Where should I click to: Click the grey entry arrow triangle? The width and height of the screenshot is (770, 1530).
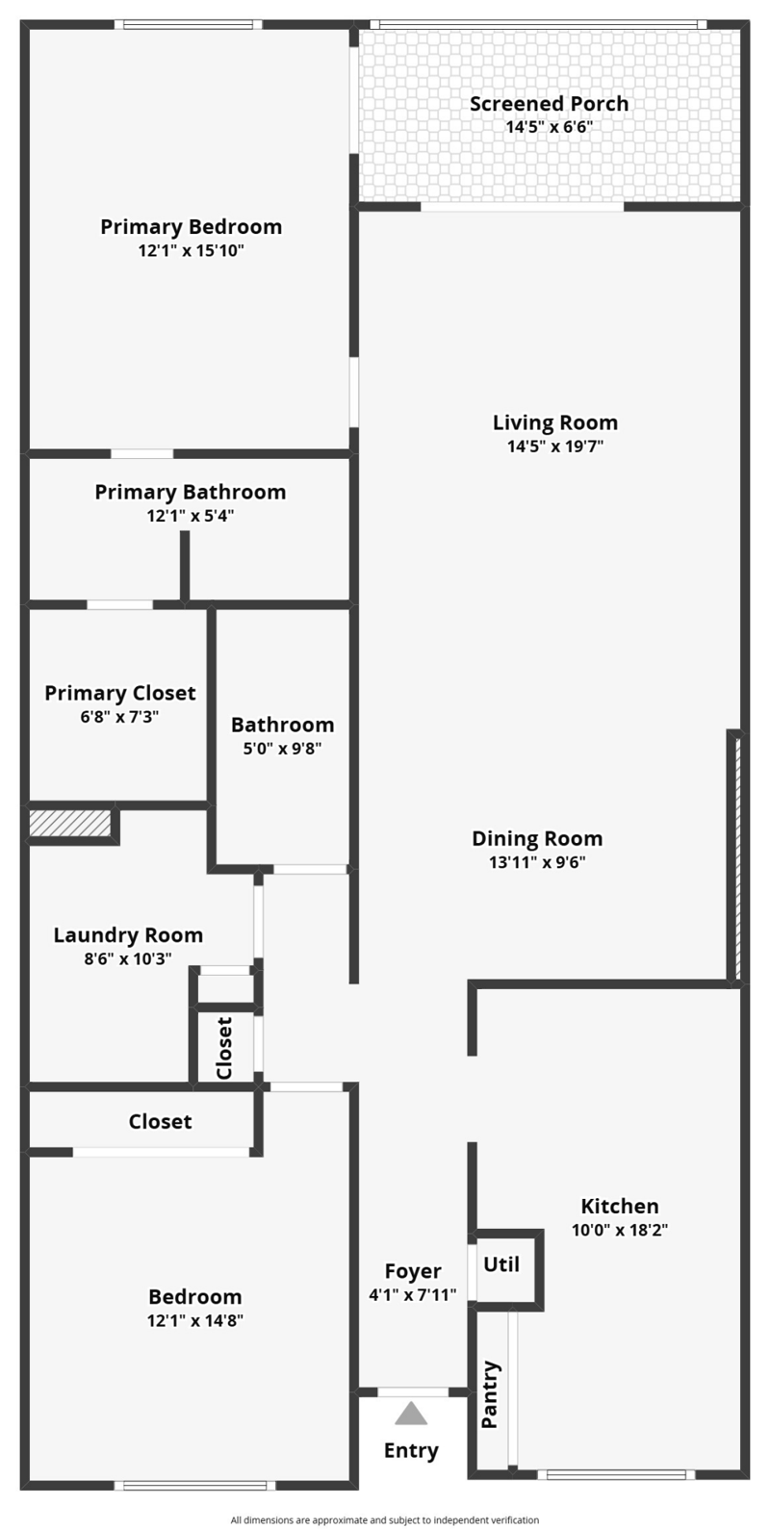411,1414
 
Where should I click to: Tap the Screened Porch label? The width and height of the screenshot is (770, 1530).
549,104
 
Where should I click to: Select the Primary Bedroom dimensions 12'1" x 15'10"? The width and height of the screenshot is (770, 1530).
192,251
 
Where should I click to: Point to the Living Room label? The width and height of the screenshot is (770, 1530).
554,422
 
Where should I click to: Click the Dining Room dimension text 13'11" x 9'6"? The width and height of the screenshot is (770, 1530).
537,862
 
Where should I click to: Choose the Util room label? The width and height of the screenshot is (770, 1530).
501,1264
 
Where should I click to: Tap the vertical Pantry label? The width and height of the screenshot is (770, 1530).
490,1394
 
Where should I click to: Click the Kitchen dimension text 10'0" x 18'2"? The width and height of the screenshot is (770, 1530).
620,1230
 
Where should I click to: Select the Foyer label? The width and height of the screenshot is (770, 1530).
413,1271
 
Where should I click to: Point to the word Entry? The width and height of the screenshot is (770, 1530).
411,1451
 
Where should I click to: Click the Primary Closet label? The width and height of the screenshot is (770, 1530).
120,693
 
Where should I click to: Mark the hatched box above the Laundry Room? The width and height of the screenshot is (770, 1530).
69,823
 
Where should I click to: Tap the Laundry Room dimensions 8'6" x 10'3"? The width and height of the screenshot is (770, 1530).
128,958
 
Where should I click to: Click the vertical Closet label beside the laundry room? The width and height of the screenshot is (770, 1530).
224,1048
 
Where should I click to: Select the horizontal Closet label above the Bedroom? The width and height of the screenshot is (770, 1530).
160,1122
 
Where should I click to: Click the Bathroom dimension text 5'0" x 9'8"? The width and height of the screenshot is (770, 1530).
282,748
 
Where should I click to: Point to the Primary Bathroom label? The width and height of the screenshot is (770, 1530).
190,492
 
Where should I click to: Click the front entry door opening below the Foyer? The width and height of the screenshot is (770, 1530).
413,1392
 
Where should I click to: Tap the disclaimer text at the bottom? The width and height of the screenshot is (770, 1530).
385,1519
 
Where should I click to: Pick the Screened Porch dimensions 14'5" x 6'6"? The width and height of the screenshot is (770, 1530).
549,127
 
